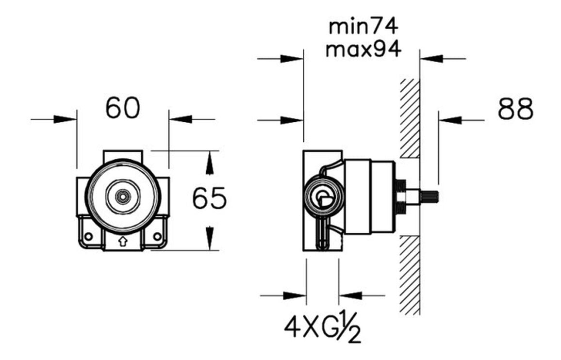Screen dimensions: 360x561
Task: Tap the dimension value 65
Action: point(209,198)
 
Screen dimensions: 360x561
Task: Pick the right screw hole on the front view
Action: point(157,236)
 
